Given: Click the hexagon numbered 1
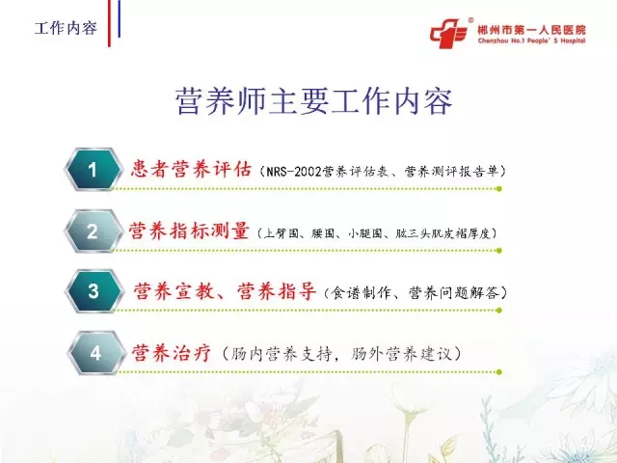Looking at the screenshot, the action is point(93,170).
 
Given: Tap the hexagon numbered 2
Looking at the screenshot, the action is point(93,231).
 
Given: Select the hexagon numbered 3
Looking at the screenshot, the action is point(94,291).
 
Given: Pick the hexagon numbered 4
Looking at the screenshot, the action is point(95,353).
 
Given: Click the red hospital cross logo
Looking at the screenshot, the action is point(449,33).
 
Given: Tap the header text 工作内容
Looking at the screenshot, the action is point(66,28).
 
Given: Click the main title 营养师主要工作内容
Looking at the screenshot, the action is point(313,101).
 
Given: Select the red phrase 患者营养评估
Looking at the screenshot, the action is point(191,170).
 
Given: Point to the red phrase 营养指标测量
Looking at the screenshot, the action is point(189,231).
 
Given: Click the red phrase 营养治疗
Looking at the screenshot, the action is point(172,353).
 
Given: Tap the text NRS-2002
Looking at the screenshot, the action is point(294,172).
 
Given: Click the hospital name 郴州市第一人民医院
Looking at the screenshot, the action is point(531,30).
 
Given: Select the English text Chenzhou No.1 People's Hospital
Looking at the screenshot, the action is point(531,41).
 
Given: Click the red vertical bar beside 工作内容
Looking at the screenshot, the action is point(109,23).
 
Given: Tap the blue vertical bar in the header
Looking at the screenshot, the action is point(119,19).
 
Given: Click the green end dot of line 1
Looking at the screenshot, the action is point(499,189).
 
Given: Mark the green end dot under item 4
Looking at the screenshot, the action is point(499,371).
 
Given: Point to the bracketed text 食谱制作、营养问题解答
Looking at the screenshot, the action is point(415,293).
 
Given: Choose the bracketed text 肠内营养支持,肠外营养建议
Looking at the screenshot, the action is point(341,354).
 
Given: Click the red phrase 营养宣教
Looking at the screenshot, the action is point(174,291).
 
